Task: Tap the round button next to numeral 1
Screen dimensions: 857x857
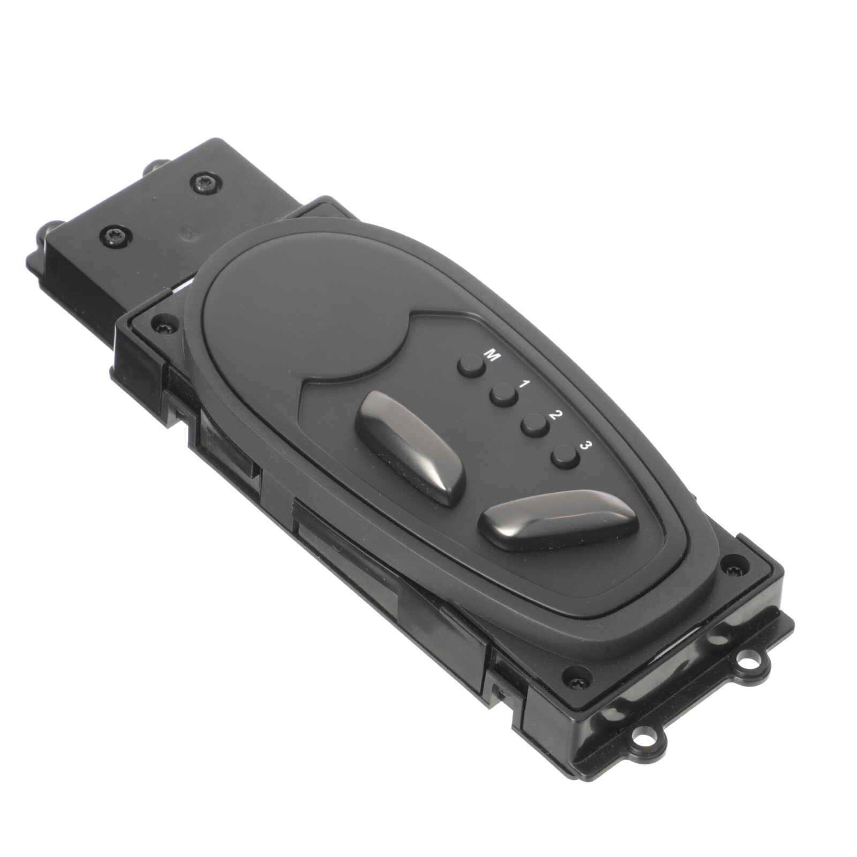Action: [503, 395]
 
